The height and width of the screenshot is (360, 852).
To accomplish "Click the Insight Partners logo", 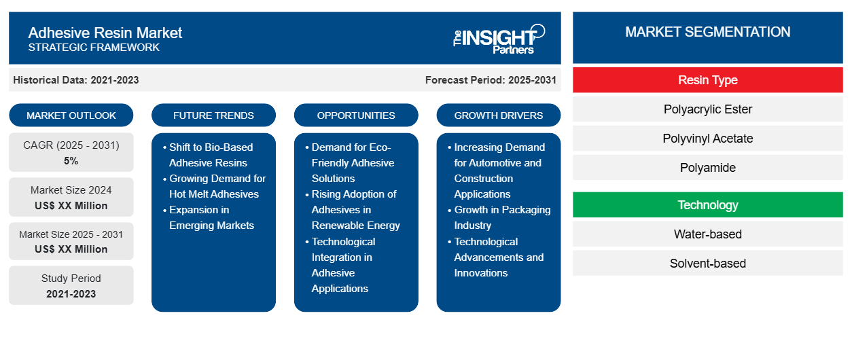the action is coord(499,39).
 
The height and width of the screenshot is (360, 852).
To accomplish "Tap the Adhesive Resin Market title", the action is coord(105,33).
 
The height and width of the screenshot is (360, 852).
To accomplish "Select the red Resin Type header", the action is coord(707,80).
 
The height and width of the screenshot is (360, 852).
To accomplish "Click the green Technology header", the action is coord(707,205).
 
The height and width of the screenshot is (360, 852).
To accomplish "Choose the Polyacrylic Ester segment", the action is coord(707,109).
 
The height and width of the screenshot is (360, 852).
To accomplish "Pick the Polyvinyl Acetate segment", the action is coord(707,139).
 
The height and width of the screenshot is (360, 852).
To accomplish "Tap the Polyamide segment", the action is coord(707,168).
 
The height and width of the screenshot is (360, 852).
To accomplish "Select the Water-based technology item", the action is coord(707,234).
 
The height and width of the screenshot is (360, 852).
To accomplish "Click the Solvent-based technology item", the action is coord(707,264).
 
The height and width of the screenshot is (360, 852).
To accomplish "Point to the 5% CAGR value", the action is coord(71,161).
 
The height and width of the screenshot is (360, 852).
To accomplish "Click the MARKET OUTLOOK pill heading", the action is coord(71,115).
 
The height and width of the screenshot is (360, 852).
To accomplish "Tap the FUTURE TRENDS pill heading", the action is coord(213,115).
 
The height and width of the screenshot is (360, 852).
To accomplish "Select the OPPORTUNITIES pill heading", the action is coord(356,115).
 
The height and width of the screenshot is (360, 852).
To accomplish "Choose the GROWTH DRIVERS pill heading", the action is coord(498,115).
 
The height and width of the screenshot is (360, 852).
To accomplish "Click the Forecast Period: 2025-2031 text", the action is coord(491,80).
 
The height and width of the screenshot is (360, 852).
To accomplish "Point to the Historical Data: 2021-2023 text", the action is coord(76,80).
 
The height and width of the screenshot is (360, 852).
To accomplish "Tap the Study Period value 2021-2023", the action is coord(71,294).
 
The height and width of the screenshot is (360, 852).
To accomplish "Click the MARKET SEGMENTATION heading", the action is coord(707,32).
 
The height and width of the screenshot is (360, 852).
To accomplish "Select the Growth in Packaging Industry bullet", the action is coord(499,217).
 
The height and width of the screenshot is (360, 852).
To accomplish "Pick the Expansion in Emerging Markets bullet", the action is coord(209,217).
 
